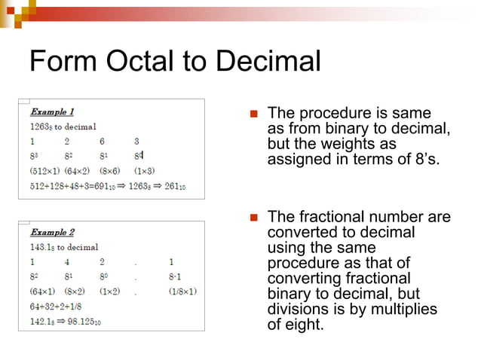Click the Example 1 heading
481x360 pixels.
point(52,111)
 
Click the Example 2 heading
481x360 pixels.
point(52,232)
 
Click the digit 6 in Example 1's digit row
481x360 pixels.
point(101,141)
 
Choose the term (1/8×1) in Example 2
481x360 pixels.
point(183,291)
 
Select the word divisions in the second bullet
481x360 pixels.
point(296,310)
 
